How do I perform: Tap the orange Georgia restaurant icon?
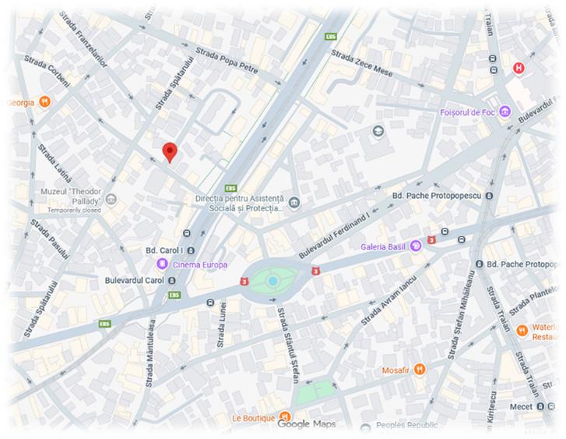(x=45, y=101)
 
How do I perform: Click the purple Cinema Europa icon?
(x=162, y=264)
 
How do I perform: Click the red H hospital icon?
(x=519, y=69)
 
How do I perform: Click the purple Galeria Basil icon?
(x=416, y=246)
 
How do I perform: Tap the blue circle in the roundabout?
(x=272, y=281)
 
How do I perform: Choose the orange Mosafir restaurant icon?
(x=419, y=369)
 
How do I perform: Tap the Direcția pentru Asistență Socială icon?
(x=294, y=204)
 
